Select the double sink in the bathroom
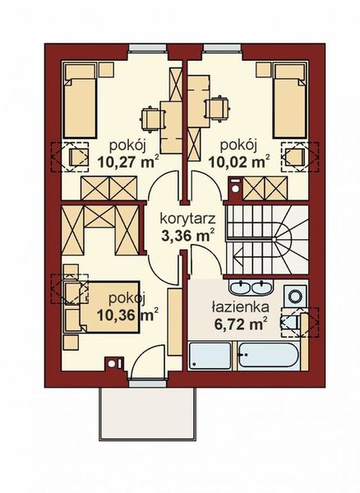tap(250, 288)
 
